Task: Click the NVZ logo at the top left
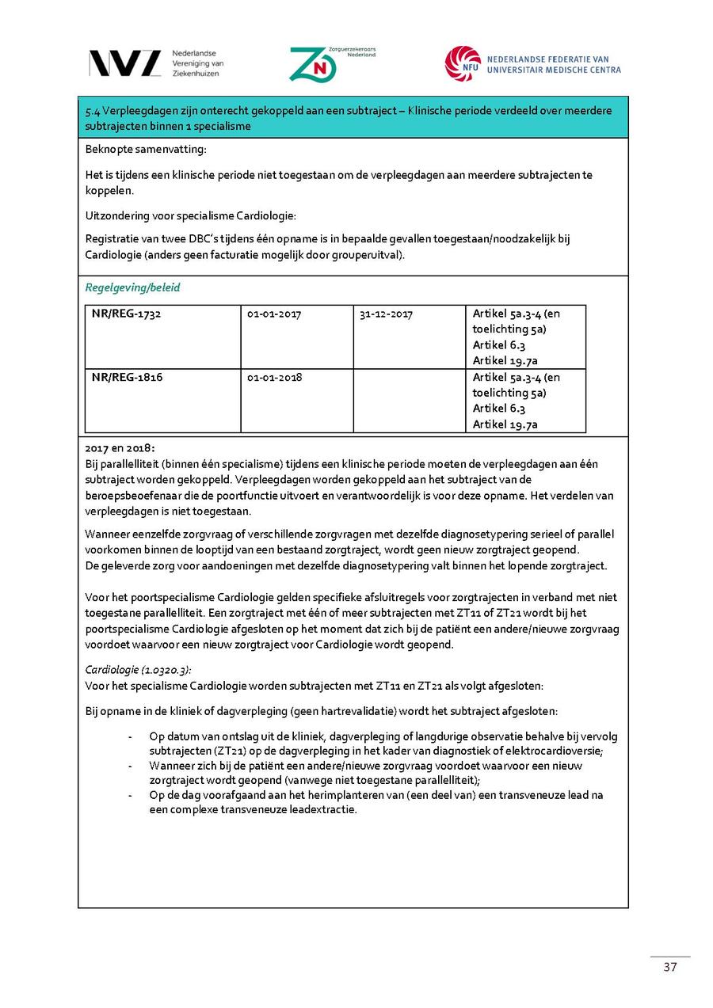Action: (x=125, y=63)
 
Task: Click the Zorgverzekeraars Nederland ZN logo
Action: (x=313, y=64)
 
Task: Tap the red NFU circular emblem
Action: (x=462, y=63)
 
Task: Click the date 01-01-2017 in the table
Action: (x=274, y=314)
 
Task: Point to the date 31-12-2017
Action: (x=386, y=314)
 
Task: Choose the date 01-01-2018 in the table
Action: (x=274, y=377)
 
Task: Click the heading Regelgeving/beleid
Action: (x=132, y=287)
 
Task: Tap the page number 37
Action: (x=670, y=967)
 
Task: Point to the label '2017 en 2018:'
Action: (x=115, y=448)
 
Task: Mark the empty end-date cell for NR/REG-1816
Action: (x=409, y=401)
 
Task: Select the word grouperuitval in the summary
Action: (x=368, y=254)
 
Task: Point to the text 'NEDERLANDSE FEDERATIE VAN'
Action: (x=547, y=59)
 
